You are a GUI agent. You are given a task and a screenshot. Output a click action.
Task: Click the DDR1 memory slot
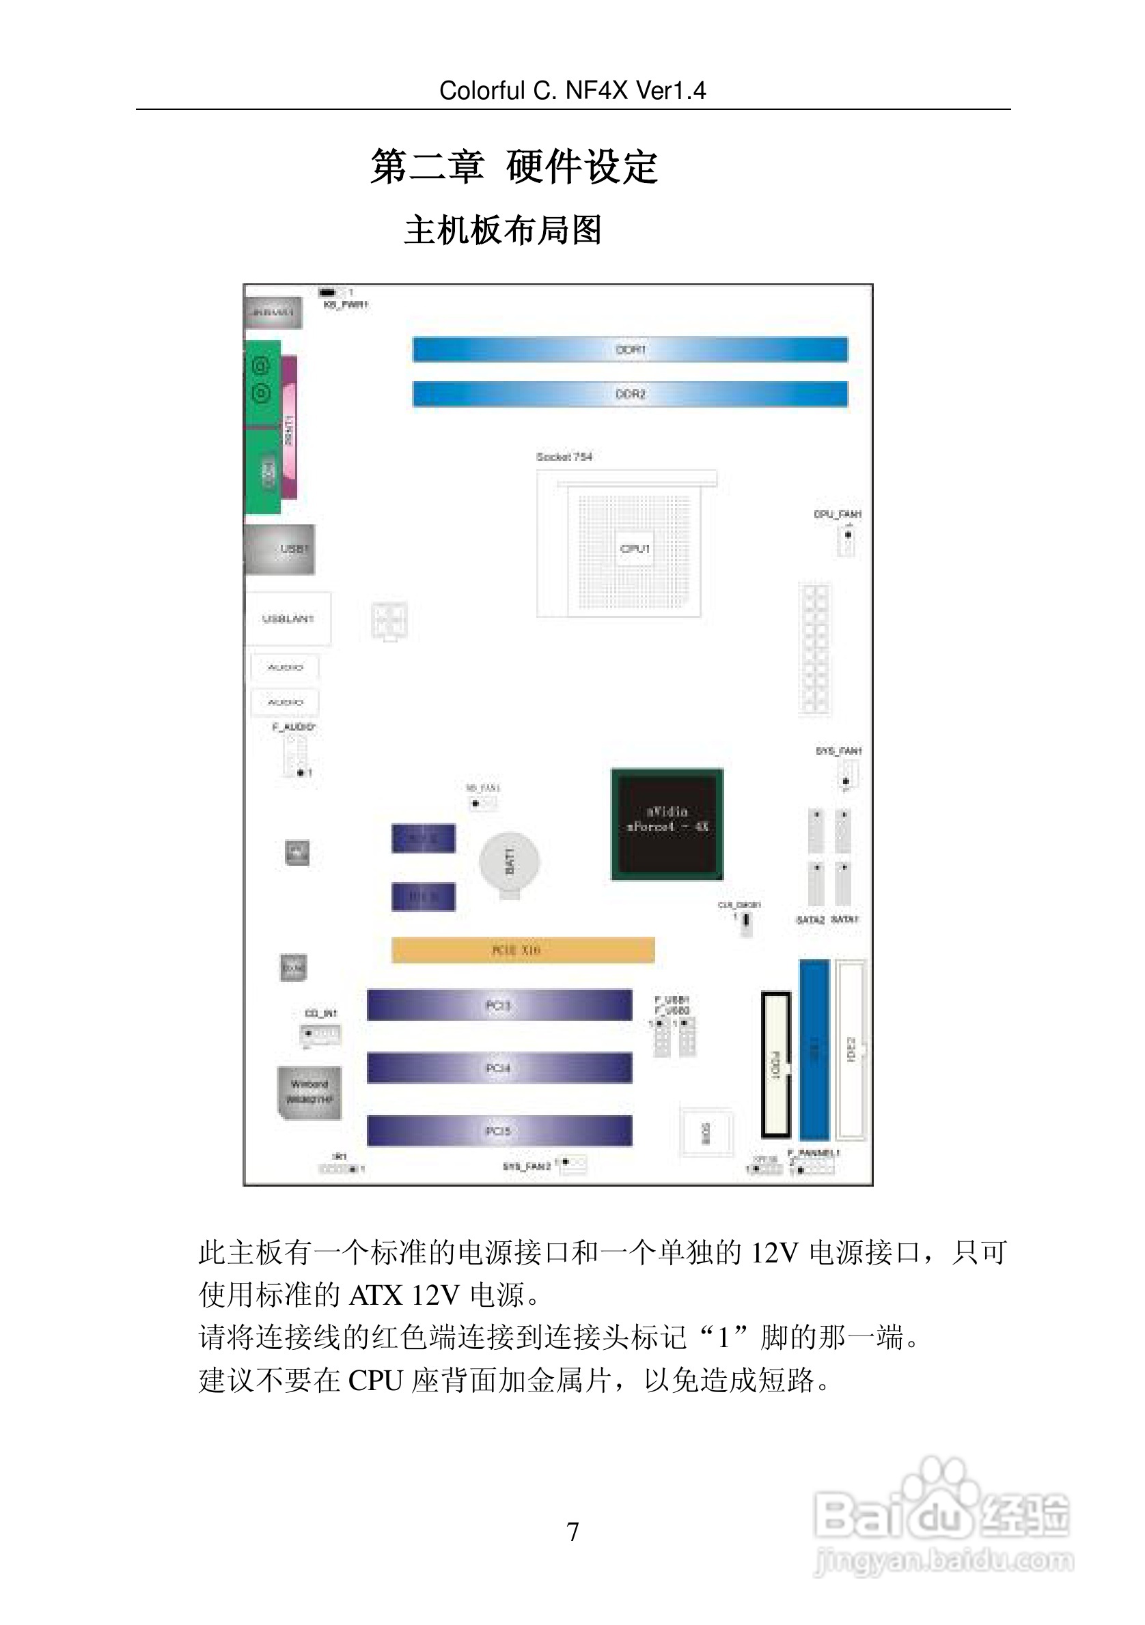(629, 350)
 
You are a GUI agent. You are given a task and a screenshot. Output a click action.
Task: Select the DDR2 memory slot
(629, 393)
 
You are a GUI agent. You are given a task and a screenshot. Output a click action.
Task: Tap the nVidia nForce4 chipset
(667, 824)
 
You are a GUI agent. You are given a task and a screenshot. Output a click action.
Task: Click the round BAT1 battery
(509, 862)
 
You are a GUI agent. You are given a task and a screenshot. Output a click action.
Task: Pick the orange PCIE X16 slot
(523, 950)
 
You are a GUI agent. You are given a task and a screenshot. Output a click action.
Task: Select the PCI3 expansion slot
(499, 1005)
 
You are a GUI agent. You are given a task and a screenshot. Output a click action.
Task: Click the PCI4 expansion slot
(499, 1067)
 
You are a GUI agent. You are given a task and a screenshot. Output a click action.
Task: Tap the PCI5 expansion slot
(499, 1130)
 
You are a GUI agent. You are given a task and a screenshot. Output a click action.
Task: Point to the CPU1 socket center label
(635, 548)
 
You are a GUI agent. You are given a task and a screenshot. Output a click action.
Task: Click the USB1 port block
(280, 549)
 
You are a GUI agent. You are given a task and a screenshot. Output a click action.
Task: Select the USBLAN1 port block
(288, 619)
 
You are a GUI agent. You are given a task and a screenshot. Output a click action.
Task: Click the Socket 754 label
(564, 457)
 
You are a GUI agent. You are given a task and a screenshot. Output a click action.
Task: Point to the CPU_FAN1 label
(838, 514)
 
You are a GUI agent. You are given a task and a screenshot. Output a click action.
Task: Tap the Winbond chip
(309, 1092)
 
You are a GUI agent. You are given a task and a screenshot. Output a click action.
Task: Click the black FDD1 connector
(775, 1064)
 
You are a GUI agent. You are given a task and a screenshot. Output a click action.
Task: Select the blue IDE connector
(814, 1049)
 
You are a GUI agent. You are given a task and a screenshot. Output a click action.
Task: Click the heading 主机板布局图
(503, 231)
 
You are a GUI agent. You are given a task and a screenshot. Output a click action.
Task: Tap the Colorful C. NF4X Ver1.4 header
(572, 91)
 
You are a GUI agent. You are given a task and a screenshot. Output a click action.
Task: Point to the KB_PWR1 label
(346, 305)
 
